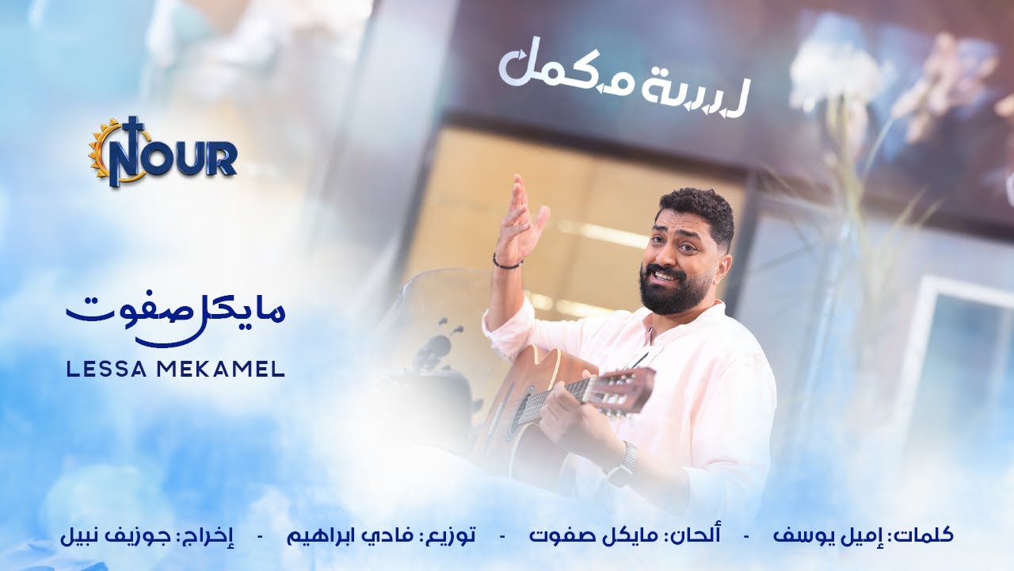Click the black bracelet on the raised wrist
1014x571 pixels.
pyautogui.click(x=507, y=263)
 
